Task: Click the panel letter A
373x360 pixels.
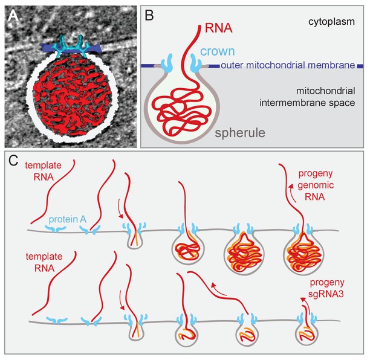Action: (13, 16)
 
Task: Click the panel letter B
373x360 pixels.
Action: (149, 16)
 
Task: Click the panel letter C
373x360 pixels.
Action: (13, 161)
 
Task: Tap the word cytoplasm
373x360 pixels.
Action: (332, 22)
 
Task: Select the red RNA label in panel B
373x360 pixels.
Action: (219, 28)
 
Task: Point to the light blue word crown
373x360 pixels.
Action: (218, 51)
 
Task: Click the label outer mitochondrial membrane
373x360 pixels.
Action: (288, 65)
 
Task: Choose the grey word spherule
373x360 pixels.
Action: (240, 133)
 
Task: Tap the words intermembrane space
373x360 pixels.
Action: (307, 103)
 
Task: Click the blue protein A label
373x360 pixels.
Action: (67, 220)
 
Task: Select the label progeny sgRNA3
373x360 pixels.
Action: (326, 288)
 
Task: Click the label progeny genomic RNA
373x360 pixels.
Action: (316, 185)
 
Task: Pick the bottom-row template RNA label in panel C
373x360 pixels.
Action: (44, 262)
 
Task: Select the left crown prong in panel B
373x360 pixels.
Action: (166, 63)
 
